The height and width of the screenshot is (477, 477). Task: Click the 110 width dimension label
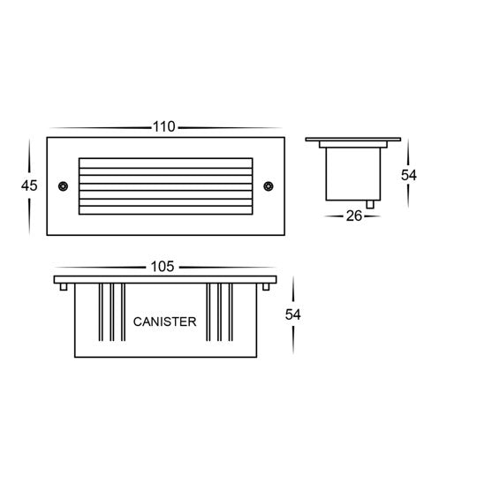(164, 127)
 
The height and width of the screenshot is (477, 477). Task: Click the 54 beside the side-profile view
(408, 174)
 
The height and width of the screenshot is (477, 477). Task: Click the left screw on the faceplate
(63, 185)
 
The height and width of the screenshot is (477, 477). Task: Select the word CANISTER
(164, 322)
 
